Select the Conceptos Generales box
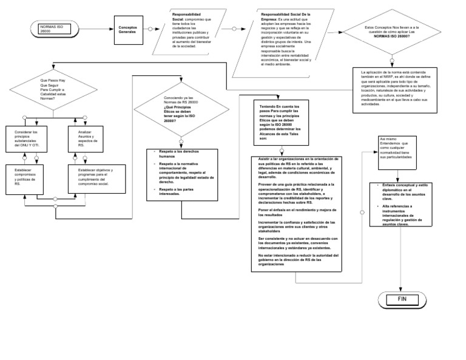128,29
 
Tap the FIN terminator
401,299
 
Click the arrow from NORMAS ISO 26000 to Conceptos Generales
95,29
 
